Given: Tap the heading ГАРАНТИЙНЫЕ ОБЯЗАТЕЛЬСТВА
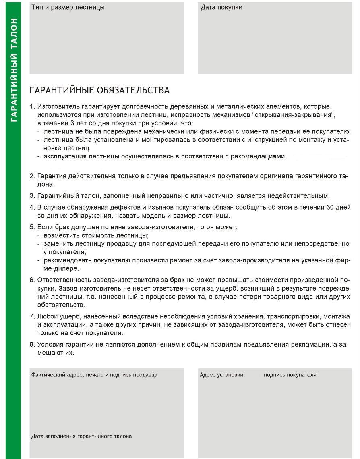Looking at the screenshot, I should pos(99,90).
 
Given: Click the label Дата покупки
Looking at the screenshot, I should pos(221,7).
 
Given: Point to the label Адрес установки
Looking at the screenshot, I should pos(221,375).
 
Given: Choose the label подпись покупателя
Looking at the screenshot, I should pos(290,375).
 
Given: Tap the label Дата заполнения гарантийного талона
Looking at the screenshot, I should pos(81,436).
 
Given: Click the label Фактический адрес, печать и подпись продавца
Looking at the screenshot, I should pos(94,375).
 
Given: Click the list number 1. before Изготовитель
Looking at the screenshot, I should pos(33,107).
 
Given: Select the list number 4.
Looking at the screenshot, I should pos(33,208).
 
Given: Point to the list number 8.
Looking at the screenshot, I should pos(33,345).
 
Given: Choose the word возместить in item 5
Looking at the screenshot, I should pos(61,235).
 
